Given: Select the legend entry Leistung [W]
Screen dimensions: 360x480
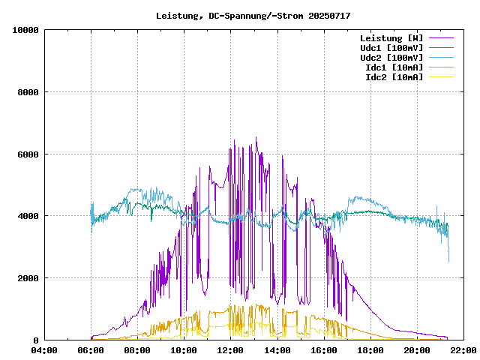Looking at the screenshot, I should [x=391, y=38].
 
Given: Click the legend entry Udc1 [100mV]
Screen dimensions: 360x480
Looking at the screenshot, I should [x=391, y=48].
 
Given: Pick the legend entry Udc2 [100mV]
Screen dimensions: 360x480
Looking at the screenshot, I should [x=391, y=58].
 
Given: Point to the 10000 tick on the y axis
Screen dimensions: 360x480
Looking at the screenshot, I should [x=25, y=30].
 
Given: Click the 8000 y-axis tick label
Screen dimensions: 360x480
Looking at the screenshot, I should [x=28, y=92].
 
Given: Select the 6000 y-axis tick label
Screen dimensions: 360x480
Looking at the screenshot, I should [x=28, y=154].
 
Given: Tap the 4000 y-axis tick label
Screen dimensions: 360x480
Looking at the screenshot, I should [x=28, y=216].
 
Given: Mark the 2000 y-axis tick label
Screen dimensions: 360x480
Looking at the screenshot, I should [x=28, y=278].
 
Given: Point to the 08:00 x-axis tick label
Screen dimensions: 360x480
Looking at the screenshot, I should [x=138, y=350].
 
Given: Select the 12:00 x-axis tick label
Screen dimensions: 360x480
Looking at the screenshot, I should [x=231, y=350].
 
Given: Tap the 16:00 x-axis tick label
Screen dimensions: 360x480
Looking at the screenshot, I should [x=324, y=350].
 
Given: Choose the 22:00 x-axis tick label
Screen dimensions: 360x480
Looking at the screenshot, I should [x=463, y=350].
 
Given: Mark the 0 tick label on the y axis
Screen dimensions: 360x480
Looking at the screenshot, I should [x=36, y=340].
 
